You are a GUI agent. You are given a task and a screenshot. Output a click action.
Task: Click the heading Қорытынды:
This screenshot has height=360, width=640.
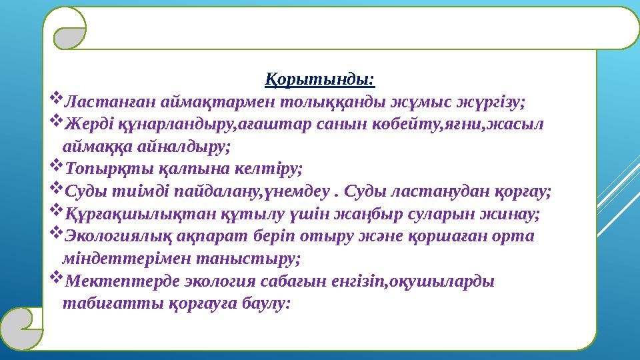tap(320, 81)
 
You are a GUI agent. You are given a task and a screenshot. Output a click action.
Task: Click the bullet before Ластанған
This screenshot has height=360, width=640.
tap(55, 101)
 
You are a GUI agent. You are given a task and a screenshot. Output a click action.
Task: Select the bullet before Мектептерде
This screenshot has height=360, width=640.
tap(55, 278)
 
